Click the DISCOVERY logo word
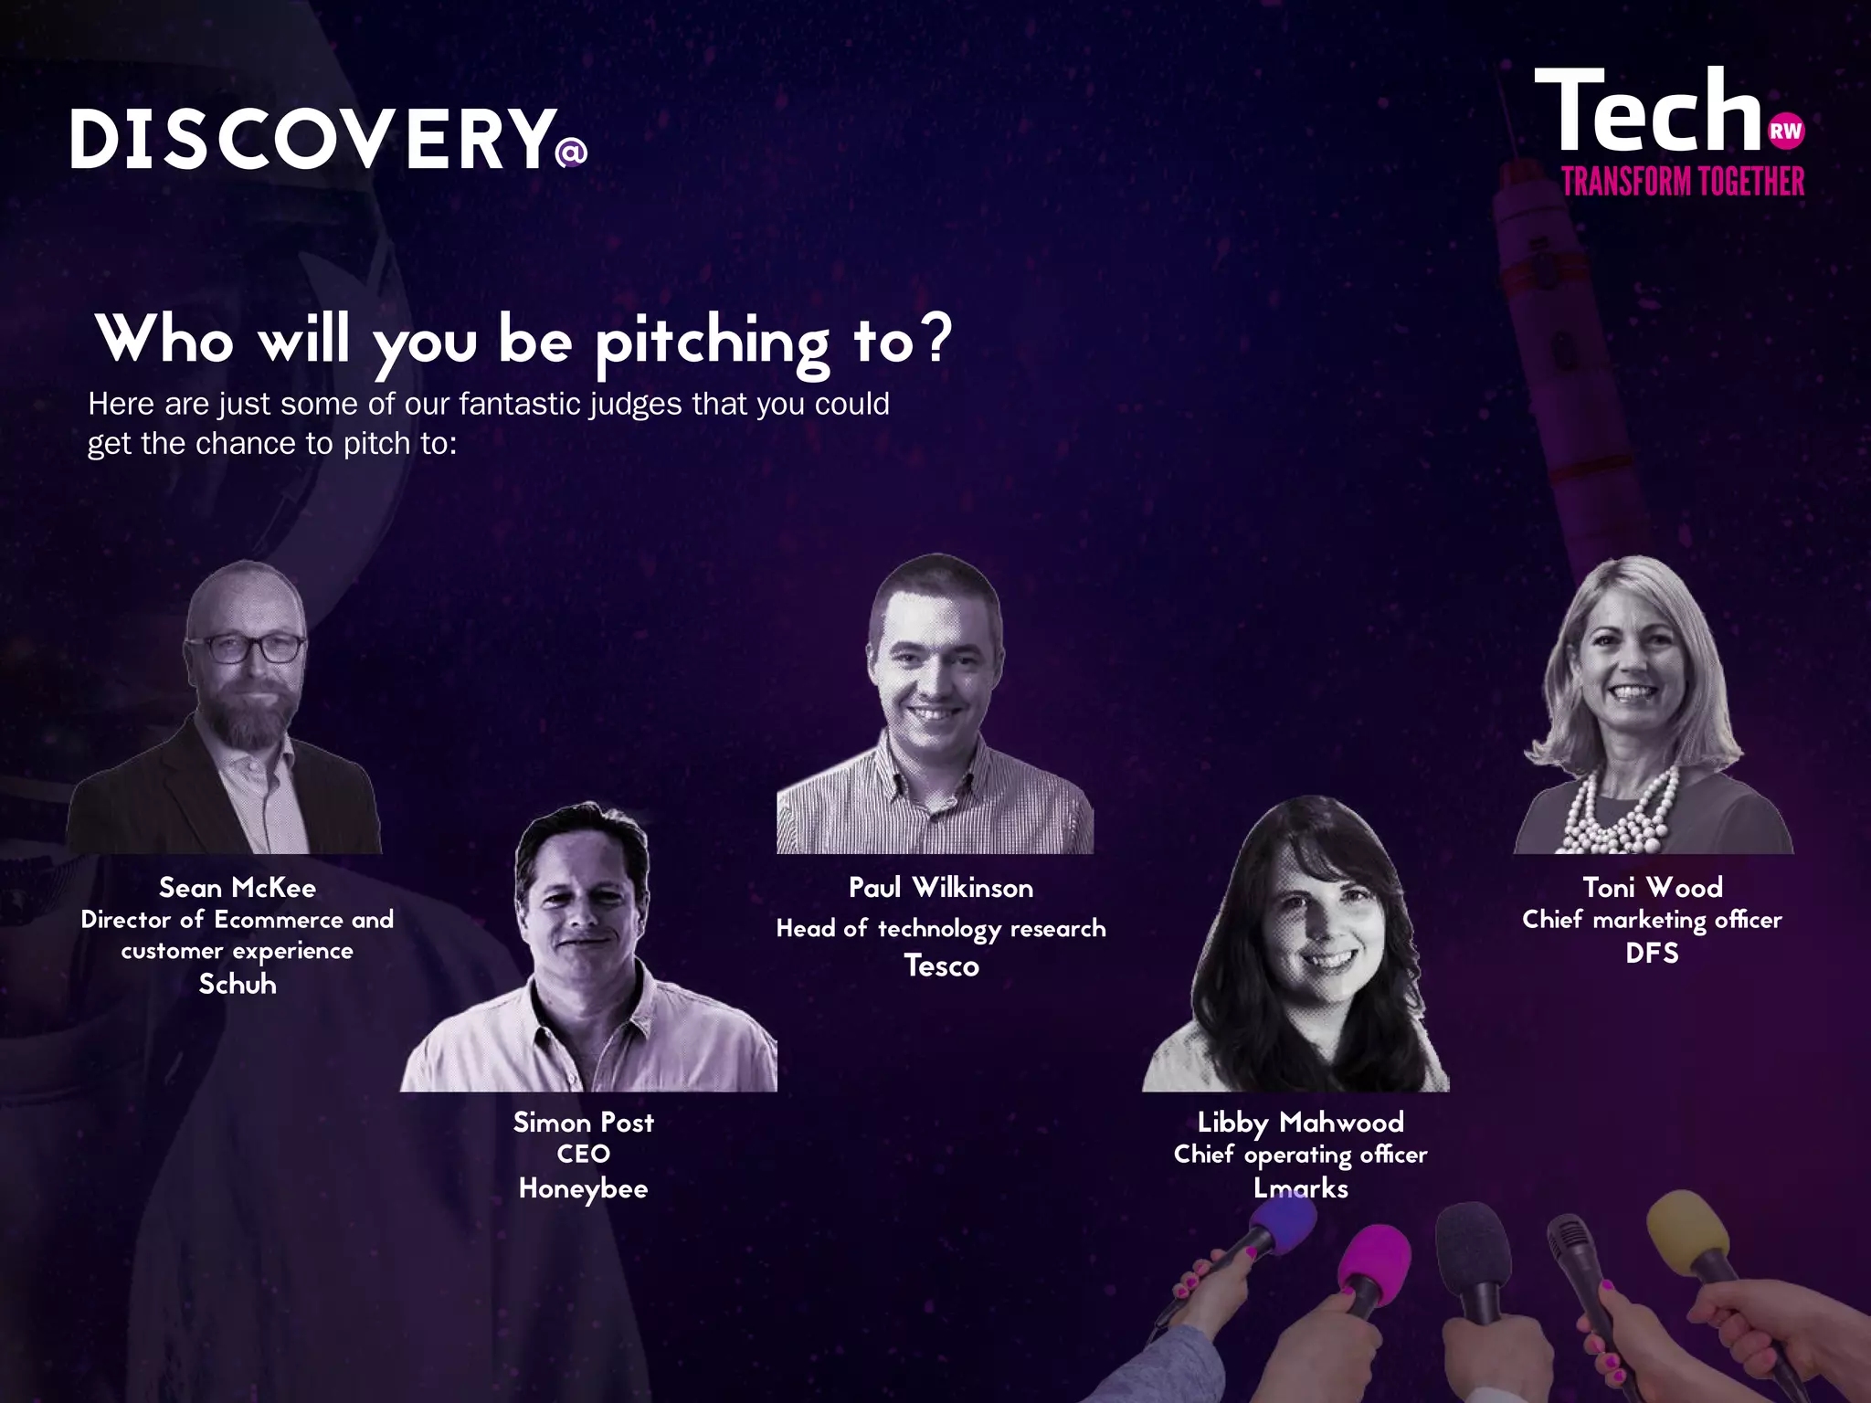click(312, 139)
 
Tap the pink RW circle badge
click(1785, 132)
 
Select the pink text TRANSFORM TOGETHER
click(1683, 182)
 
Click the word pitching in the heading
click(713, 343)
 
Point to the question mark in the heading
click(935, 338)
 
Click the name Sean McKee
click(238, 888)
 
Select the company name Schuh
click(238, 984)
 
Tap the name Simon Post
click(583, 1123)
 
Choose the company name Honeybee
click(583, 1188)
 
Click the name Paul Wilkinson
click(941, 888)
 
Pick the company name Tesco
click(941, 965)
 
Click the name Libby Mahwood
click(1300, 1123)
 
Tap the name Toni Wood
click(1652, 888)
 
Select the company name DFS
click(1652, 953)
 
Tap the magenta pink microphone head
click(1375, 1265)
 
